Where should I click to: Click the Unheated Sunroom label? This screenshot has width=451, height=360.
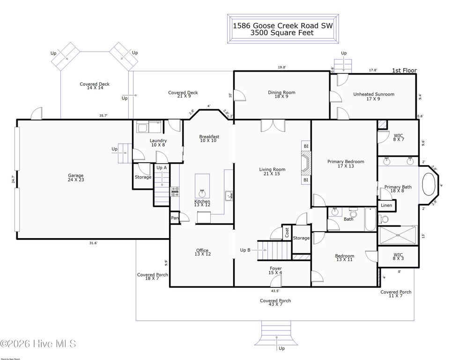click(x=373, y=97)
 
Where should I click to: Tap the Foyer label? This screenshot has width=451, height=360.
click(x=275, y=270)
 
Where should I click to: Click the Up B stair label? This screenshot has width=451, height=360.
click(x=245, y=250)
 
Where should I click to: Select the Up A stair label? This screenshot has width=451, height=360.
click(x=162, y=167)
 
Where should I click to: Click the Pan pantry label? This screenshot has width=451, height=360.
click(x=174, y=218)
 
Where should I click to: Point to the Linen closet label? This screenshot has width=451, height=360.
click(x=386, y=205)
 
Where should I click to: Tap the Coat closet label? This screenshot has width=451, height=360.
click(x=287, y=232)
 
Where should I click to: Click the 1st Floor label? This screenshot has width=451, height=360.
click(x=404, y=71)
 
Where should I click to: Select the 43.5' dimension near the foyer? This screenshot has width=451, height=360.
click(x=275, y=291)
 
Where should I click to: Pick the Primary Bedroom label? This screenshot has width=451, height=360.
click(x=345, y=164)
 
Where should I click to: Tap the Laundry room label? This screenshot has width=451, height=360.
click(x=158, y=143)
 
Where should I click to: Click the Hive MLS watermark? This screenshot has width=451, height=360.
click(x=38, y=344)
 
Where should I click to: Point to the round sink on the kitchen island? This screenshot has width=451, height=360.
click(x=202, y=193)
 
